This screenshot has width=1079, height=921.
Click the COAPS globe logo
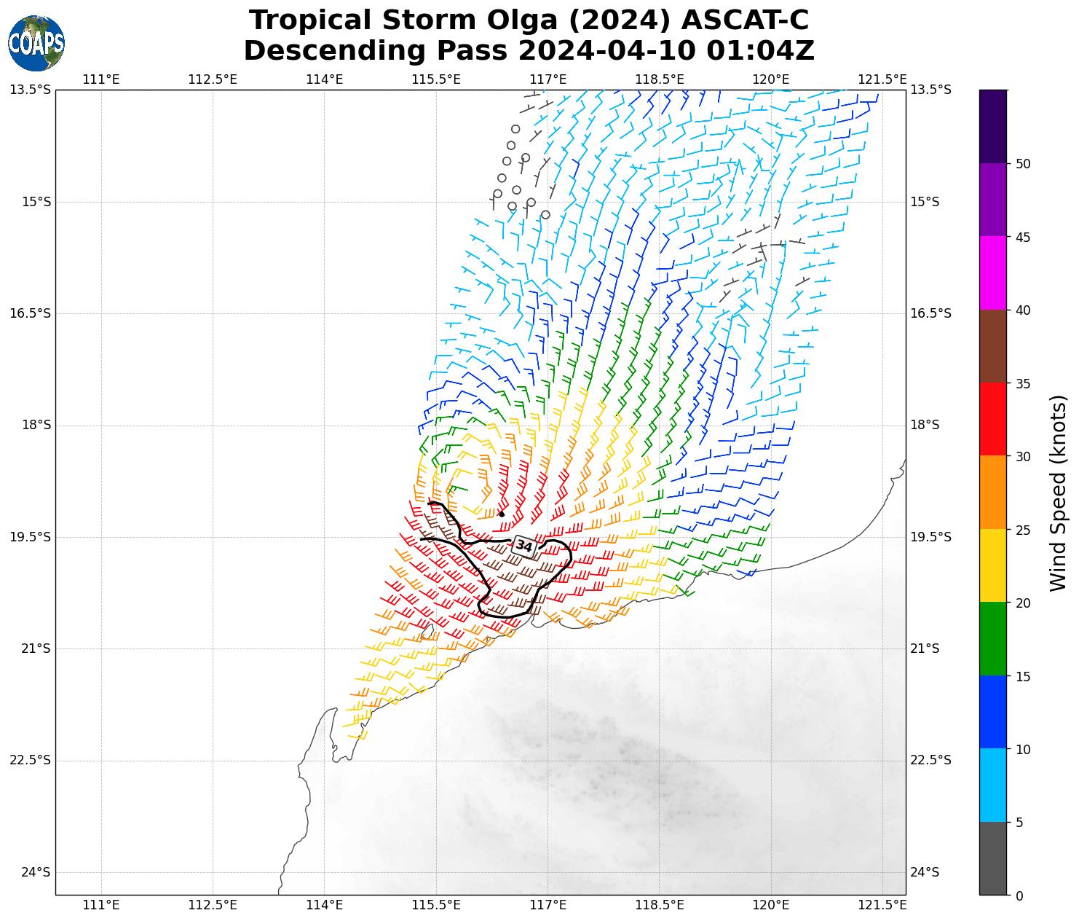36,43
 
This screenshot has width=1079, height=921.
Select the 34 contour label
524,545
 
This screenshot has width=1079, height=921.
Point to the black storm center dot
502,514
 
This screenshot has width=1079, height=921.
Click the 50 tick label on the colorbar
1023,164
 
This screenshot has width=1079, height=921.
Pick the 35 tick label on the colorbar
1023,383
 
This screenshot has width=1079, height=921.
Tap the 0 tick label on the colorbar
1019,895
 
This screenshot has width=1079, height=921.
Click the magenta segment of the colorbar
993,273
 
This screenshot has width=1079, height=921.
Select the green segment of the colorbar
993,639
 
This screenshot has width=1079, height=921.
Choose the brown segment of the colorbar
993,346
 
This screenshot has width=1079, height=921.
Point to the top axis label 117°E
548,79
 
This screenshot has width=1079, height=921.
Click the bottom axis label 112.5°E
213,905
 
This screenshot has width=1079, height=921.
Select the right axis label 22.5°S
930,760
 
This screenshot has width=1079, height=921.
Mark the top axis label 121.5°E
882,79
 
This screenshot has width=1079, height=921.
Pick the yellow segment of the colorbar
993,565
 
